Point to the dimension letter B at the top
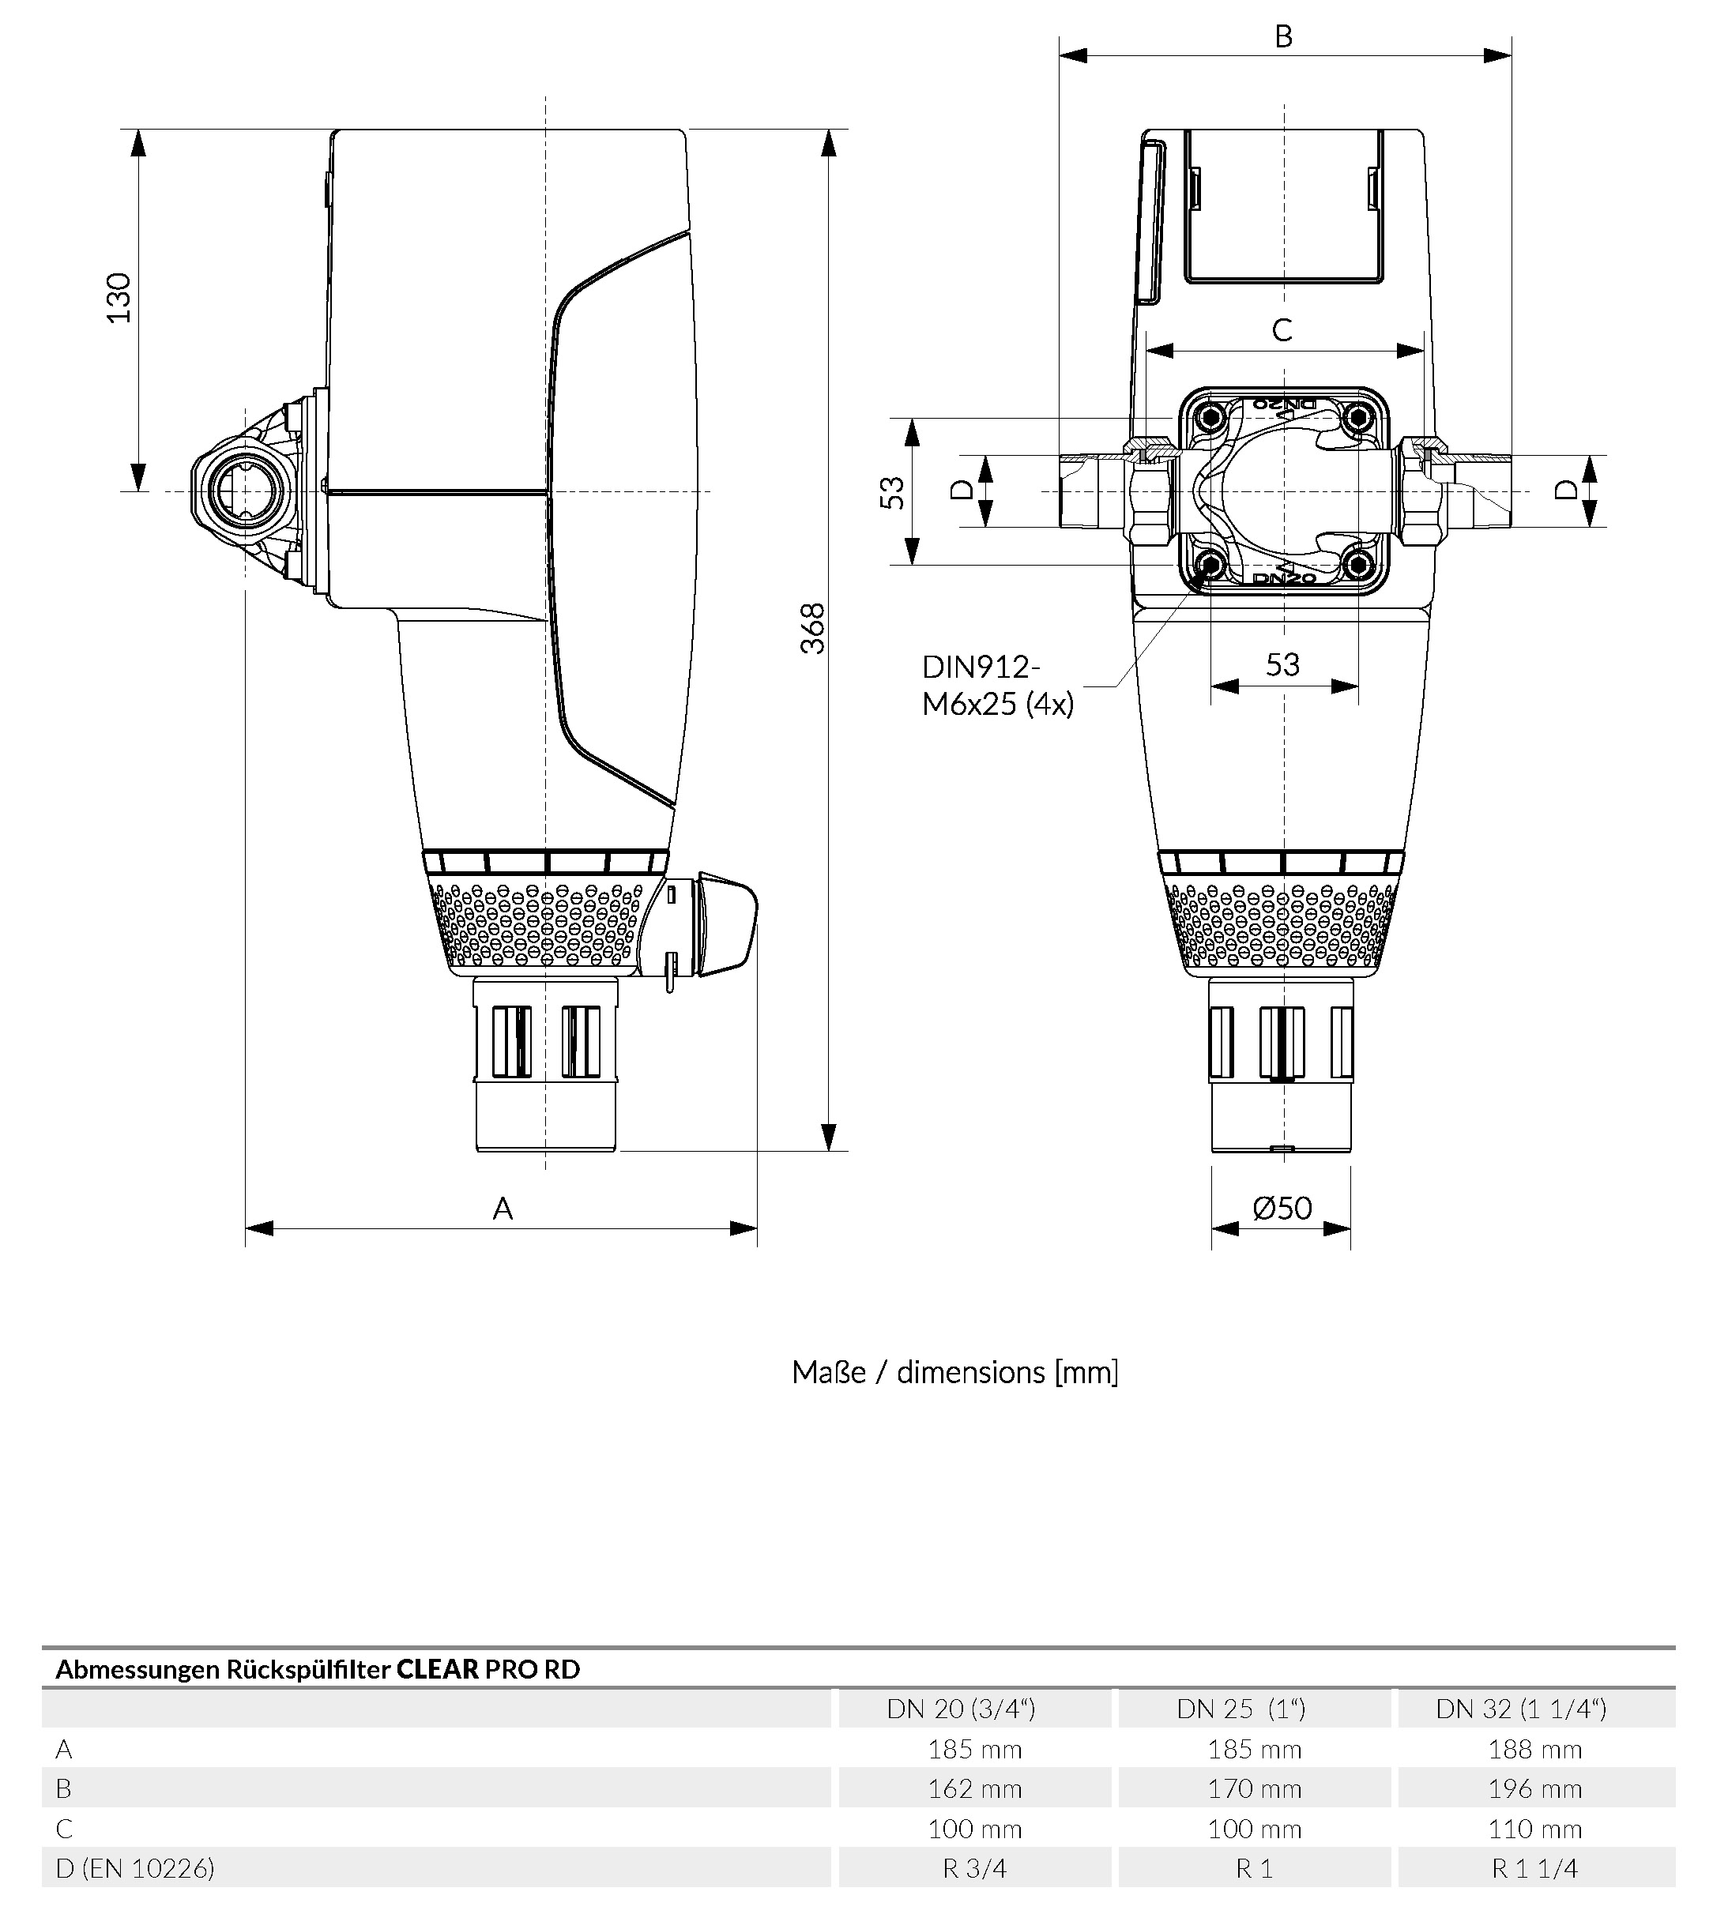(x=1284, y=37)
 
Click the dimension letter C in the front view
(x=1282, y=330)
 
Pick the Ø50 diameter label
(x=1282, y=1209)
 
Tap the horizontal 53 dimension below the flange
(x=1282, y=665)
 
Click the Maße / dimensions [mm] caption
(x=955, y=1373)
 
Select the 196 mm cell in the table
(x=1534, y=1789)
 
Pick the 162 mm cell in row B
(x=974, y=1789)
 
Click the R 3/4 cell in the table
(x=974, y=1870)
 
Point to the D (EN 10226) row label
(x=135, y=1870)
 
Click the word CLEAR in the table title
(x=437, y=1669)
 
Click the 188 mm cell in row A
(x=1534, y=1750)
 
